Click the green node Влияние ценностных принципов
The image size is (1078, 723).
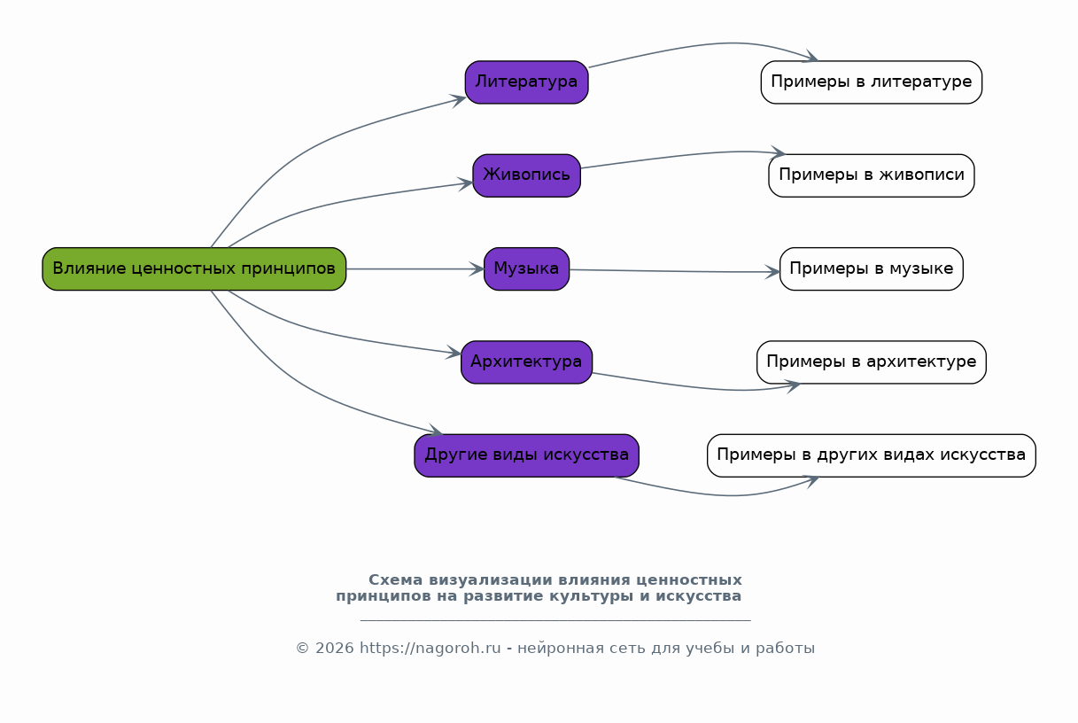194,268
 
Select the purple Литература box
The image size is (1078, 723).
526,82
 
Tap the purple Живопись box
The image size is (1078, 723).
526,175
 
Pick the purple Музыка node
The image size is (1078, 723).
526,268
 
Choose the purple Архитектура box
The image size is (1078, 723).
526,362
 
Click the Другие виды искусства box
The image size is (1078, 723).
526,455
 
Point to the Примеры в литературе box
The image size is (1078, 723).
871,82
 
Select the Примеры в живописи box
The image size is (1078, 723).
871,175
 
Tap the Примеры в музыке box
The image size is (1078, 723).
871,268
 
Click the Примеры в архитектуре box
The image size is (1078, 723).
871,362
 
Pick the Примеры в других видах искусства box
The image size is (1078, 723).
871,455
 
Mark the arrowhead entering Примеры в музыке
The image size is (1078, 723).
773,272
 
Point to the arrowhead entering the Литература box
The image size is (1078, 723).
460,98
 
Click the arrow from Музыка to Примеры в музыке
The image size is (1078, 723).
673,271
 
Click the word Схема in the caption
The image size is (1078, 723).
395,580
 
